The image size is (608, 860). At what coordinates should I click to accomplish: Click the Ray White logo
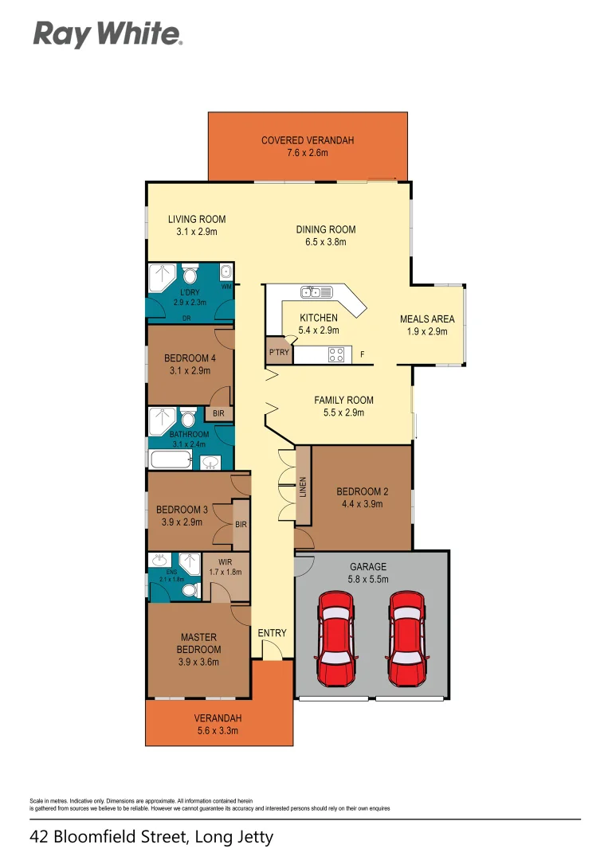(108, 34)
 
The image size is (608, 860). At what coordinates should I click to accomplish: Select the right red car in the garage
(407, 639)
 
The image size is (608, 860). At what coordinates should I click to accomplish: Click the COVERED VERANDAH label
(307, 141)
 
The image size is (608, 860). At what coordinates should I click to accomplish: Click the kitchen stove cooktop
(336, 354)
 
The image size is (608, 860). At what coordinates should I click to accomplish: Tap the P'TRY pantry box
(279, 352)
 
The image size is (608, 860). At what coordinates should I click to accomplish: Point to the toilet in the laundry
(190, 276)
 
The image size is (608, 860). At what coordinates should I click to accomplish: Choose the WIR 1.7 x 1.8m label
(226, 566)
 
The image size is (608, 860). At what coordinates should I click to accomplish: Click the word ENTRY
(272, 633)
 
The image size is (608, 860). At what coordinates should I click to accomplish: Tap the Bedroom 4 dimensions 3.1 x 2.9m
(190, 370)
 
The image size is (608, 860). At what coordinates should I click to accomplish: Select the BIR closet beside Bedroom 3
(241, 526)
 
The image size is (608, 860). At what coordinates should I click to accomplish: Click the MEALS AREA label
(427, 319)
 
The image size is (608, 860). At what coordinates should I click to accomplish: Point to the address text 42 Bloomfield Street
(151, 837)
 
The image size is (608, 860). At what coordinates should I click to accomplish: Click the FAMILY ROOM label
(343, 401)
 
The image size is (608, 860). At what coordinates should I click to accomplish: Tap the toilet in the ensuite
(190, 590)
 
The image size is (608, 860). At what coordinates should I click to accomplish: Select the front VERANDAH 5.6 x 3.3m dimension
(217, 730)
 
